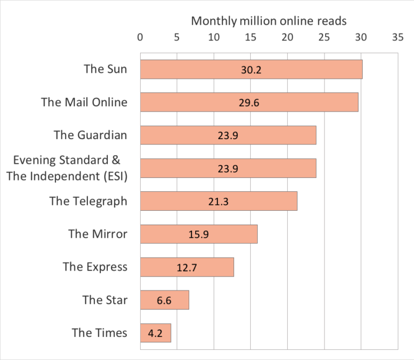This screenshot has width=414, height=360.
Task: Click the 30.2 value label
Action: coord(251,70)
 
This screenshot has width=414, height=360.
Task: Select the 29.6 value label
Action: coord(249,103)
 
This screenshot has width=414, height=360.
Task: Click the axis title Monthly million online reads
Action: coord(268,21)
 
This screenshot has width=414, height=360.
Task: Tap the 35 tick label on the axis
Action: coord(397,38)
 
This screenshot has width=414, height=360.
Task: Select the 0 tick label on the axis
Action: coord(140,38)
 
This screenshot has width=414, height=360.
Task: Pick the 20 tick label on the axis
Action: coord(287,38)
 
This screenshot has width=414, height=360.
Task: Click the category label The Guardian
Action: coord(91,135)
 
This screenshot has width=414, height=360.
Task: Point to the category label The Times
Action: coord(100,333)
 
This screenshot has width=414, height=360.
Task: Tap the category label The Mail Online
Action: coord(84,102)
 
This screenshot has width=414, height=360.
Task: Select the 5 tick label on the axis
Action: coord(177,38)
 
